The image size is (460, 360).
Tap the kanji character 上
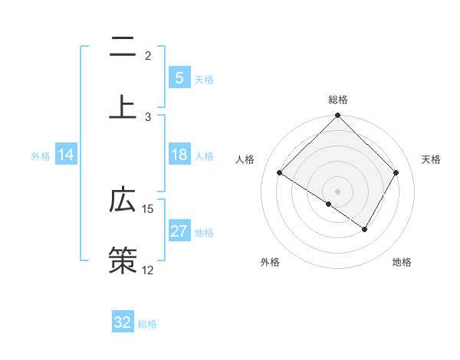point(123,106)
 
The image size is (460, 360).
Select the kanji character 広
point(123,201)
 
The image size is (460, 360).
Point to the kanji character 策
point(123,259)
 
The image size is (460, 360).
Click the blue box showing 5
point(179,77)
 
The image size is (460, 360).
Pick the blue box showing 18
point(179,155)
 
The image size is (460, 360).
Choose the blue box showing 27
point(179,231)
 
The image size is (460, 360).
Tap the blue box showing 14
point(66,155)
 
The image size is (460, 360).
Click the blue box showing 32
point(122,322)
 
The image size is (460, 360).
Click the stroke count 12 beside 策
point(148,270)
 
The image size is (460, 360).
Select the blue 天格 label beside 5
point(204,79)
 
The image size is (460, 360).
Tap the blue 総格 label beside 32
point(147,324)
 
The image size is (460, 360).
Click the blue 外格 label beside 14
point(41,156)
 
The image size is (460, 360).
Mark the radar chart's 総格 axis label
point(337,100)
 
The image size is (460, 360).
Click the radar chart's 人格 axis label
point(246,159)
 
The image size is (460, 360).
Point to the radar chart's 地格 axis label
point(402,263)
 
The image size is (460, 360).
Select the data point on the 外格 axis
point(329,204)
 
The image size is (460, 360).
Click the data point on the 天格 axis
point(396,173)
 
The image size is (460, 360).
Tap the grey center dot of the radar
point(337,191)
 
